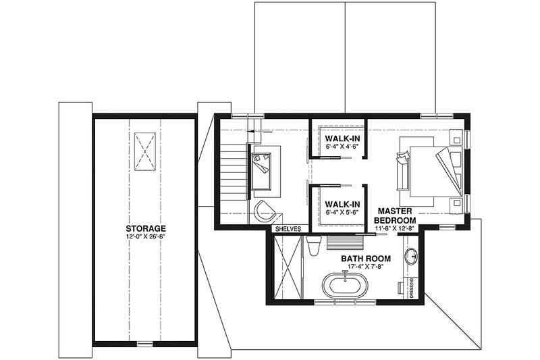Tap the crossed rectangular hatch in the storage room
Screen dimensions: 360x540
145,149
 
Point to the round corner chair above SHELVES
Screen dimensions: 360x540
264,210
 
